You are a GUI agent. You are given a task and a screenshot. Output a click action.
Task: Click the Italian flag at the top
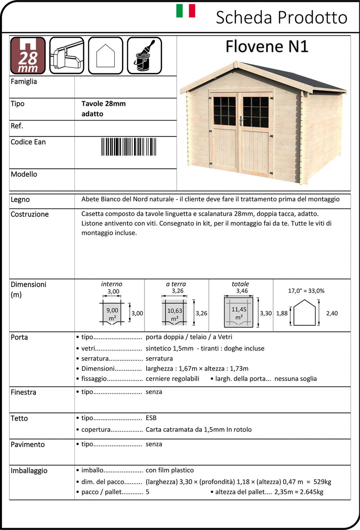[185, 11]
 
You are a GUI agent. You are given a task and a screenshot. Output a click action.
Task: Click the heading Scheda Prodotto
[281, 18]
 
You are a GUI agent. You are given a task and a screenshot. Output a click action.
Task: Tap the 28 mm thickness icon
[28, 55]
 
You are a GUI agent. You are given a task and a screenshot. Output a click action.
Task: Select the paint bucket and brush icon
[144, 55]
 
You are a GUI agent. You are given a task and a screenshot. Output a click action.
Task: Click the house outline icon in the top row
[105, 55]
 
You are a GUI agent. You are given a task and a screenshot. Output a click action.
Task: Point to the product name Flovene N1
[266, 46]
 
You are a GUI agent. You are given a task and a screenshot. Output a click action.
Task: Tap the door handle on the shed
[242, 120]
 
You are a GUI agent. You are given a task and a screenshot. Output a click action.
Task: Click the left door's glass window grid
[224, 111]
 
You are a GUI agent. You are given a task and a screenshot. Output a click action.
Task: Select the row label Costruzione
[30, 214]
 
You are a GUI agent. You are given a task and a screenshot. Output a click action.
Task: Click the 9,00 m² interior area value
[112, 310]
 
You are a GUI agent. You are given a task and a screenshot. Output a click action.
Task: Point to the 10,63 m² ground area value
[174, 310]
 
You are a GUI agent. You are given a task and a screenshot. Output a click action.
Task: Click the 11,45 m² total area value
[238, 310]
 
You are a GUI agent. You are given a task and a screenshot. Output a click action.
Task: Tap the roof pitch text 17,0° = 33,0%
[306, 291]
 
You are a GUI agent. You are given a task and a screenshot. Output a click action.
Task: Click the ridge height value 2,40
[331, 313]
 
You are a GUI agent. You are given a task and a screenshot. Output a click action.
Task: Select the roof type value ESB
[151, 418]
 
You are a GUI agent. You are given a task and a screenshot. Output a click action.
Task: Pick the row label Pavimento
[28, 445]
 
